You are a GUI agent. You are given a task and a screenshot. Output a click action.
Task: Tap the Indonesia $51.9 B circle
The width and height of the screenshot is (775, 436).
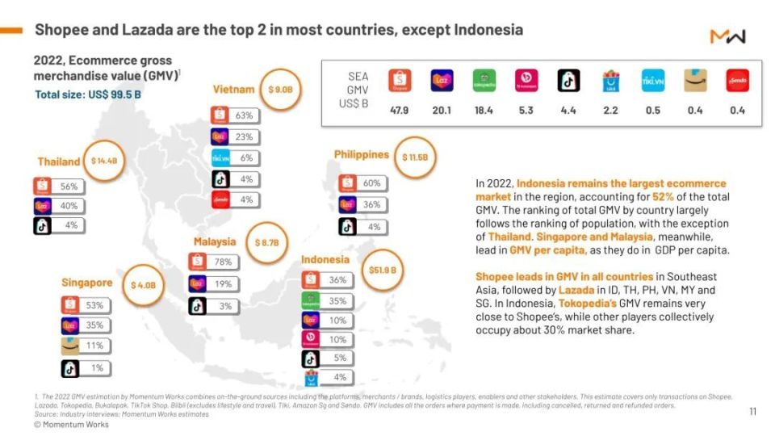pos(382,270)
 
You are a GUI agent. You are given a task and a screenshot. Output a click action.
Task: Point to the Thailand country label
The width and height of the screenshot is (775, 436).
pos(59,161)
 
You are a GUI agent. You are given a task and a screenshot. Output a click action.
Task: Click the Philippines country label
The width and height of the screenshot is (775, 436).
pos(362,154)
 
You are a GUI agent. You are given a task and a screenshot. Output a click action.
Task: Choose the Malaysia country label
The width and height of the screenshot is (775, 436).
pos(215,241)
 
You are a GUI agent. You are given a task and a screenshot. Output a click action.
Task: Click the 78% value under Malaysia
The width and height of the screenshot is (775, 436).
pos(224,262)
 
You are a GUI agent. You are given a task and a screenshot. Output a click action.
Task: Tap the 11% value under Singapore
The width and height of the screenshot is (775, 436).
pos(95,346)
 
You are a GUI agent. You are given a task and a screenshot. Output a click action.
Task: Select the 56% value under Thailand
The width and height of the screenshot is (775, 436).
pos(69,187)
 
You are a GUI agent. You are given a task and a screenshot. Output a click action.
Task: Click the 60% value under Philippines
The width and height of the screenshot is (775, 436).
pos(371,183)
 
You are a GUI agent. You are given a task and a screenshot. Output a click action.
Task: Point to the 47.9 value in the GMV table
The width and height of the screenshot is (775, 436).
pos(400,111)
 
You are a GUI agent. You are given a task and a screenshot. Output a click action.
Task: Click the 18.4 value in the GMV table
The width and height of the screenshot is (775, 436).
pos(484,111)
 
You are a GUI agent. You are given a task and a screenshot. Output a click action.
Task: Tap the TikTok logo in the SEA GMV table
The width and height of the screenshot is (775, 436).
pos(568,81)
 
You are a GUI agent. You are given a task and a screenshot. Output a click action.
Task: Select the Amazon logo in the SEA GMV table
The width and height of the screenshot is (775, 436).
pos(695,81)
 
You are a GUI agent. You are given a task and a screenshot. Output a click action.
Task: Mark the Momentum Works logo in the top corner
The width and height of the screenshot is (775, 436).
pos(727,36)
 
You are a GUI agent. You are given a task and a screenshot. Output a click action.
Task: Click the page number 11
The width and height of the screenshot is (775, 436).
pos(752,412)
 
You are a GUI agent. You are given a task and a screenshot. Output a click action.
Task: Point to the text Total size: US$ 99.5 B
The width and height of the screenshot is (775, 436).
pos(88,94)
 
